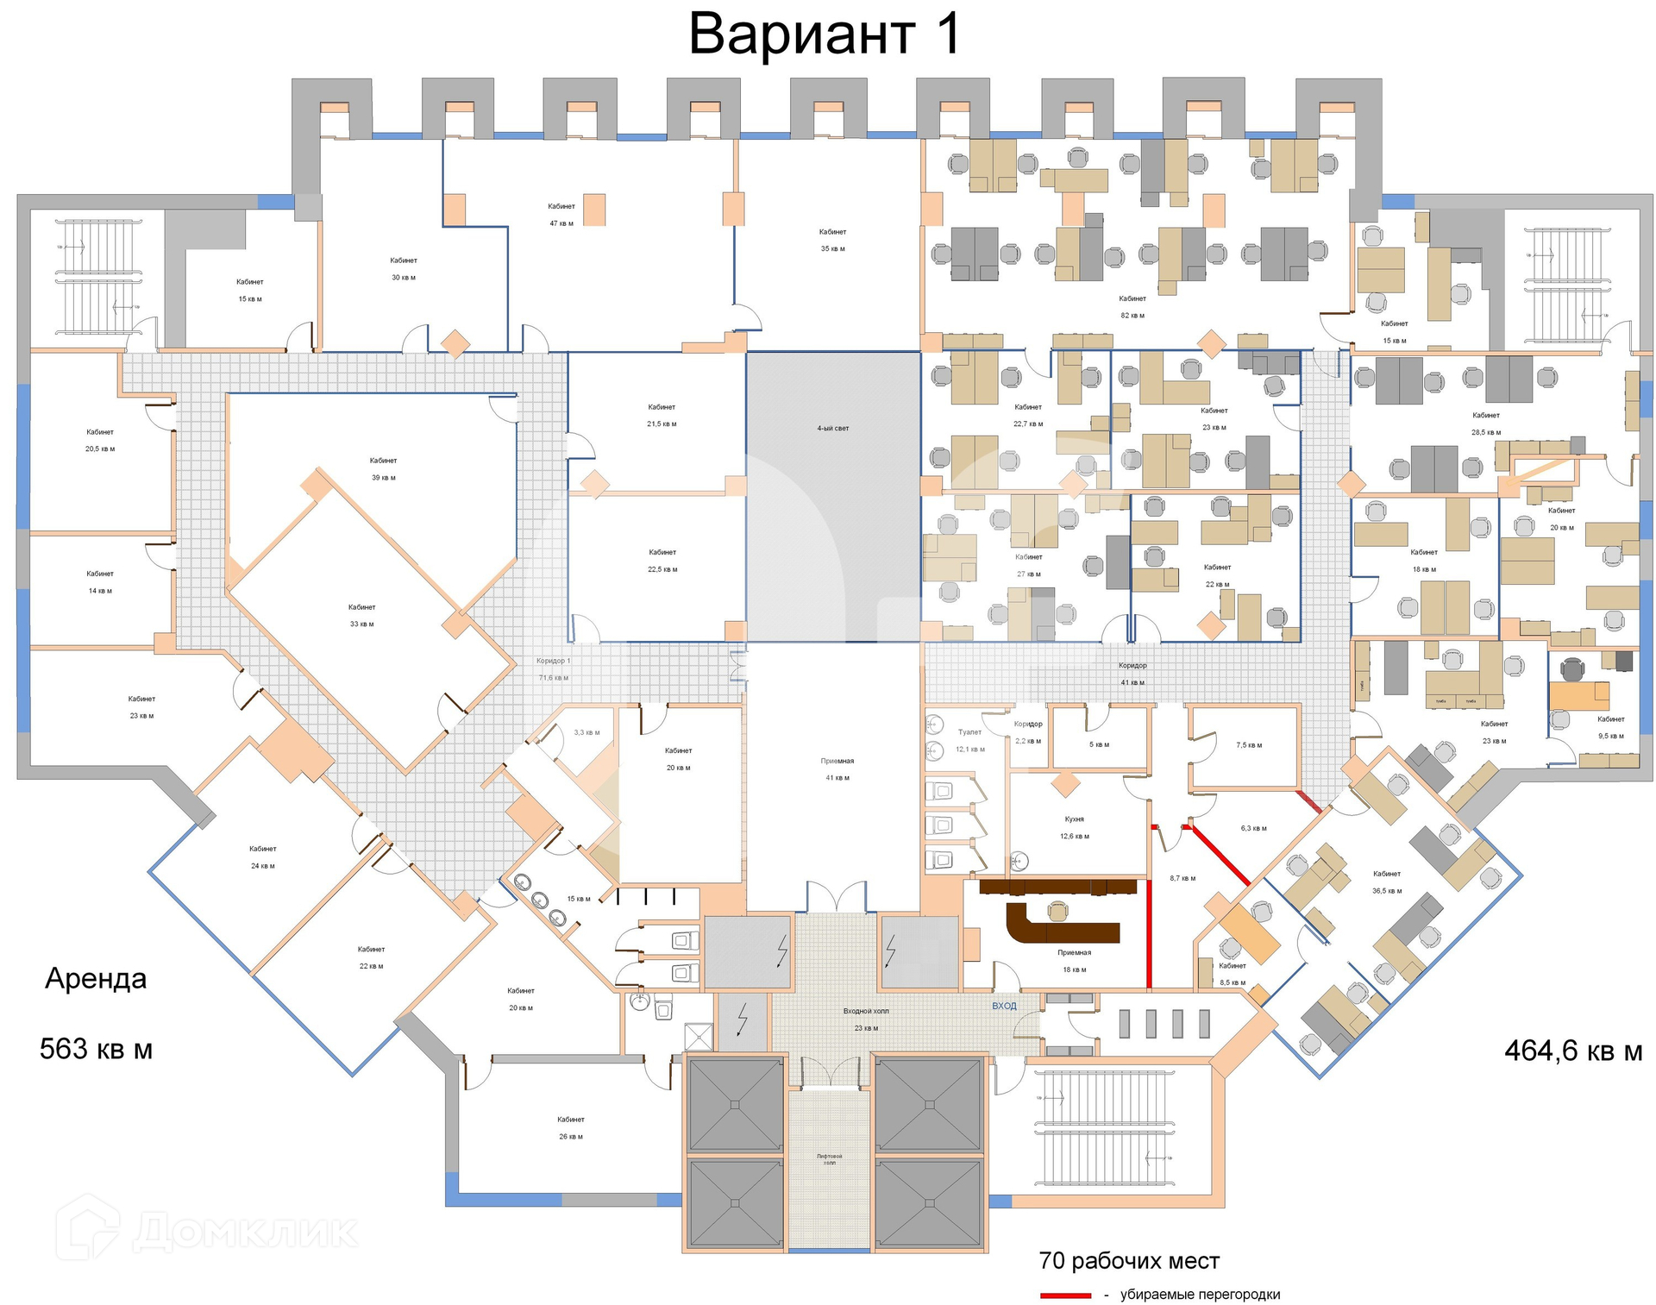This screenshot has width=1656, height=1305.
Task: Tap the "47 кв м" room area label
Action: click(561, 223)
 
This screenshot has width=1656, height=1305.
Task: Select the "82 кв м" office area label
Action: click(1132, 316)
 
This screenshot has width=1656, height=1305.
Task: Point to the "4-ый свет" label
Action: click(832, 428)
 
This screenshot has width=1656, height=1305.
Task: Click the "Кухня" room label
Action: click(1074, 819)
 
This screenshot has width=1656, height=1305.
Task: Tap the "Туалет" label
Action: click(969, 732)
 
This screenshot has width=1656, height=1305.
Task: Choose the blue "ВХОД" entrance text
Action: click(1004, 1006)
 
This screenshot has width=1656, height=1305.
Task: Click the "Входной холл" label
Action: click(865, 1011)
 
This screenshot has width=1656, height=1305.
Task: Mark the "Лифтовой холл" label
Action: click(829, 1159)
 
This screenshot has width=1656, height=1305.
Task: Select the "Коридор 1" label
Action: click(553, 661)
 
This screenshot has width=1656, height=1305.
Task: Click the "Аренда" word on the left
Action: click(96, 979)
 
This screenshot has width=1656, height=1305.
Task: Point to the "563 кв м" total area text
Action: click(96, 1050)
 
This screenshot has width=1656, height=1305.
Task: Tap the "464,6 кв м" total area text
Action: click(1573, 1051)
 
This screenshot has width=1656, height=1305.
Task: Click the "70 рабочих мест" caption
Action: click(1129, 1261)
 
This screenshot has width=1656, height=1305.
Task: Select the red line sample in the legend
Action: click(1065, 1296)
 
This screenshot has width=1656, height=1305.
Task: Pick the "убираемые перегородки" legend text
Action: click(1200, 1295)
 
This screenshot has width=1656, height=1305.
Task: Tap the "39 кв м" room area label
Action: click(383, 478)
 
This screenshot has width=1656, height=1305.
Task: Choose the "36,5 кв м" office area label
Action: click(1387, 891)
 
